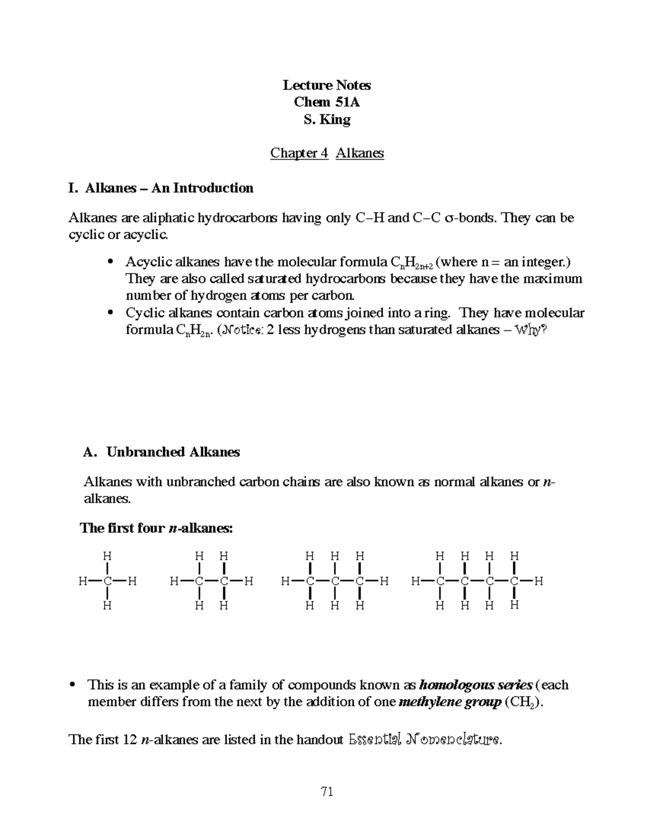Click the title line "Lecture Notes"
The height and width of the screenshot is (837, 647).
[327, 85]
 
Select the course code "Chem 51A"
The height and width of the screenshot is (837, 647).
[327, 102]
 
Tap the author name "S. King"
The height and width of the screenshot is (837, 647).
[327, 120]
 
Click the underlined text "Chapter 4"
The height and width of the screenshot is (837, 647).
[299, 154]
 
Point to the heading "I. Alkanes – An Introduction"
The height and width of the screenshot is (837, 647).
[161, 188]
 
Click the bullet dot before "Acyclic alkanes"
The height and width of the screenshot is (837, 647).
[111, 262]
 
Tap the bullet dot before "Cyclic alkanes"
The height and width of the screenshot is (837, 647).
[111, 313]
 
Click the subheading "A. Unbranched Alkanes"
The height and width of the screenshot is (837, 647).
[162, 452]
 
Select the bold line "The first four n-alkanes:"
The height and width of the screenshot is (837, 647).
[156, 528]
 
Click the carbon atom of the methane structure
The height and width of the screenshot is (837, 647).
[108, 581]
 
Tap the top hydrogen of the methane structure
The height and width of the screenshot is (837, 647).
[108, 556]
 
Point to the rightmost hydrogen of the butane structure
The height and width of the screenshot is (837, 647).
[539, 581]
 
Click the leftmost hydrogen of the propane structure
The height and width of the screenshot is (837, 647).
[285, 581]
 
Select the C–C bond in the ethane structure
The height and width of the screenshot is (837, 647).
[211, 581]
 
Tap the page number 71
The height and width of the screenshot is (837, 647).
[327, 792]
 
